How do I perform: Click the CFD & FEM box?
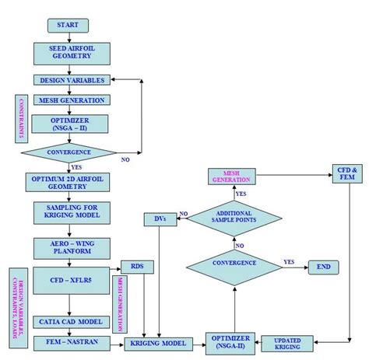(x=344, y=174)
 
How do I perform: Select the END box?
(x=322, y=267)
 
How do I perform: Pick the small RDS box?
(x=137, y=267)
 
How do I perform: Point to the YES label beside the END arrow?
(x=289, y=262)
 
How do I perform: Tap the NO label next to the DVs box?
(x=183, y=214)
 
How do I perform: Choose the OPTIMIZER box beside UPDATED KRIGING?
(x=230, y=342)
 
